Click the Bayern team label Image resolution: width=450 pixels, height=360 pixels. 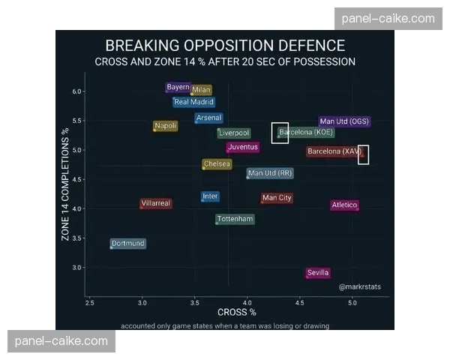pos(178,87)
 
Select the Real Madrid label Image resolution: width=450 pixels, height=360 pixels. pos(193,102)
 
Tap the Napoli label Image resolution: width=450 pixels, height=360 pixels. pos(166,126)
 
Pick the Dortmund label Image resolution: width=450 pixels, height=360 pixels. pos(127,244)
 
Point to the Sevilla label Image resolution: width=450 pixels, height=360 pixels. pos(318,273)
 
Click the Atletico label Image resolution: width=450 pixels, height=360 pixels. pos(344,205)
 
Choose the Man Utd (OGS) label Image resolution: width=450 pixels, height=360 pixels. pos(344,121)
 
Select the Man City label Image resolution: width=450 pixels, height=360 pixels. pos(277,198)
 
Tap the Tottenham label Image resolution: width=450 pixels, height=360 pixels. pos(235,219)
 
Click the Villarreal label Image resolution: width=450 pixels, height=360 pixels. pos(156,203)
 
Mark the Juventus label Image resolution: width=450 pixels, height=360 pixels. pos(243,147)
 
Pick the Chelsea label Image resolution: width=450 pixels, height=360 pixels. pos(217,164)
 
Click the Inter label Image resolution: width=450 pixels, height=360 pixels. pos(211,196)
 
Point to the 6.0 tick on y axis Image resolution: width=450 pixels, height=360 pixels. pos(76,91)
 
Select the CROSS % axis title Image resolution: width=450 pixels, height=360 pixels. pos(237,311)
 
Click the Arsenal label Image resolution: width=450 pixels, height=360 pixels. pos(208,118)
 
